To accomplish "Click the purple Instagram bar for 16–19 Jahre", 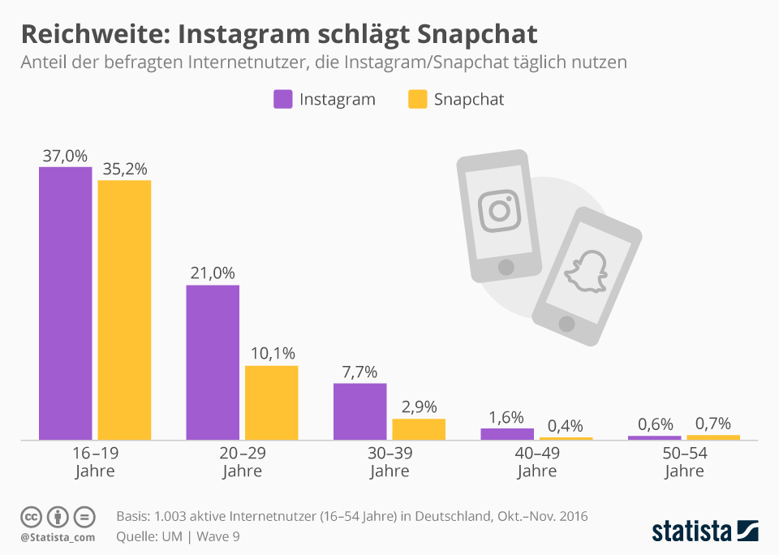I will pos(66,303).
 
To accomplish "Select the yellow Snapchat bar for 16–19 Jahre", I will pos(124,310).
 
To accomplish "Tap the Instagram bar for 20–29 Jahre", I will pos(213,363).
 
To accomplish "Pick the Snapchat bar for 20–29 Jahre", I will pos(271,402).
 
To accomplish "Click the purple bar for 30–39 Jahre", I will pos(359,411).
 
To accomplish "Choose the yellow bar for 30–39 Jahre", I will pos(419,429).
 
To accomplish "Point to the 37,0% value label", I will pos(66,156).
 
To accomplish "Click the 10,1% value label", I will pos(271,354).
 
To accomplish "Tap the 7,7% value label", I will pos(359,372).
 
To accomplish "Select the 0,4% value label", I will pos(566,426).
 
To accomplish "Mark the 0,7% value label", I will pos(712,424).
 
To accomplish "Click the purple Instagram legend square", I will pos(282,100).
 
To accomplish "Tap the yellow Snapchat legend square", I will pos(417,100).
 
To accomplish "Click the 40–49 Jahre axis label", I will pos(536,462).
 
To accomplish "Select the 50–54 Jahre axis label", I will pos(684,462).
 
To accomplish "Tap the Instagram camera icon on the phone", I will pos(498,210).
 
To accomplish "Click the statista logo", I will pos(704,531).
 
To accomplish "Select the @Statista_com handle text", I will pos(58,537).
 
